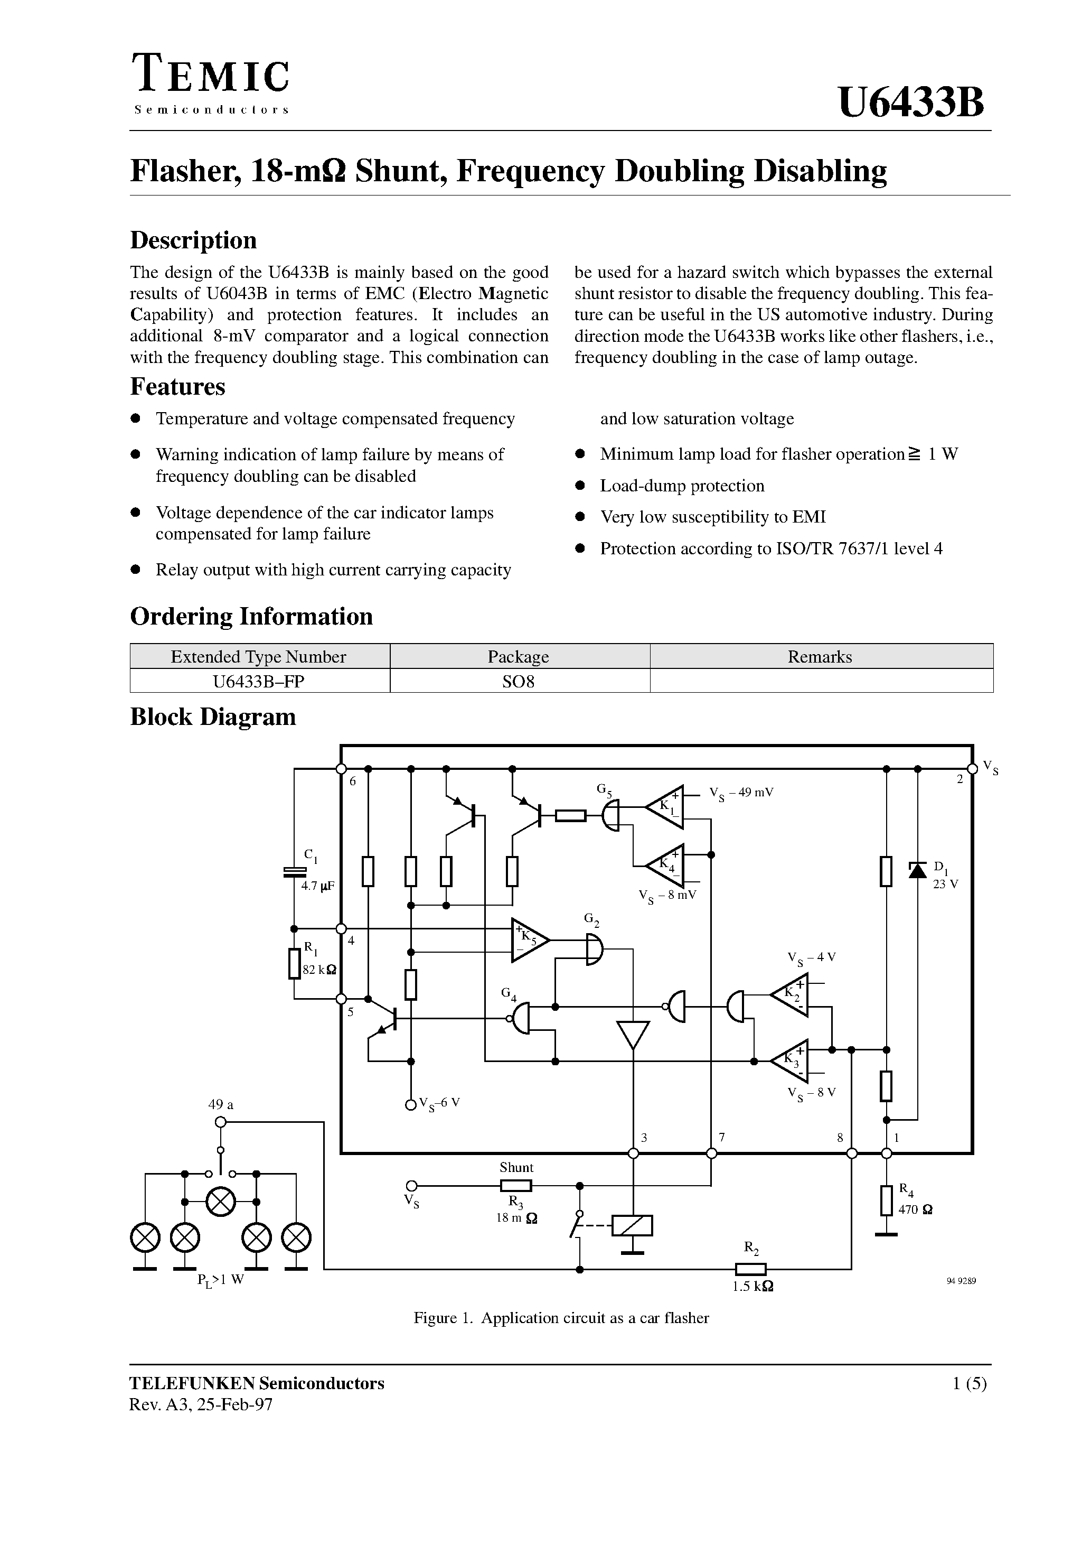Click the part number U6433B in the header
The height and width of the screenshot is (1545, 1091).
[911, 103]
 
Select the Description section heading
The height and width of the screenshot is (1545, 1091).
[193, 240]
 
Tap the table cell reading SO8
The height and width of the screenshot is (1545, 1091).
[519, 681]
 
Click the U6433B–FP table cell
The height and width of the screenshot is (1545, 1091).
[259, 681]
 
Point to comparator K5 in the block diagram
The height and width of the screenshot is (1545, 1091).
[529, 939]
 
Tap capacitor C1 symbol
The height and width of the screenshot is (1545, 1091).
[294, 872]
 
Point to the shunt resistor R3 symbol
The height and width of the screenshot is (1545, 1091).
[516, 1186]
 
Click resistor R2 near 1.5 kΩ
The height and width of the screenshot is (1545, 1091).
[750, 1269]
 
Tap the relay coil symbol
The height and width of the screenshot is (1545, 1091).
[632, 1225]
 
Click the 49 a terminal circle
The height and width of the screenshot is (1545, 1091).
[220, 1122]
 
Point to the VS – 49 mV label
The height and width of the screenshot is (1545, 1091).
[742, 793]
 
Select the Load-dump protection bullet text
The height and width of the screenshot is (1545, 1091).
[682, 486]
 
